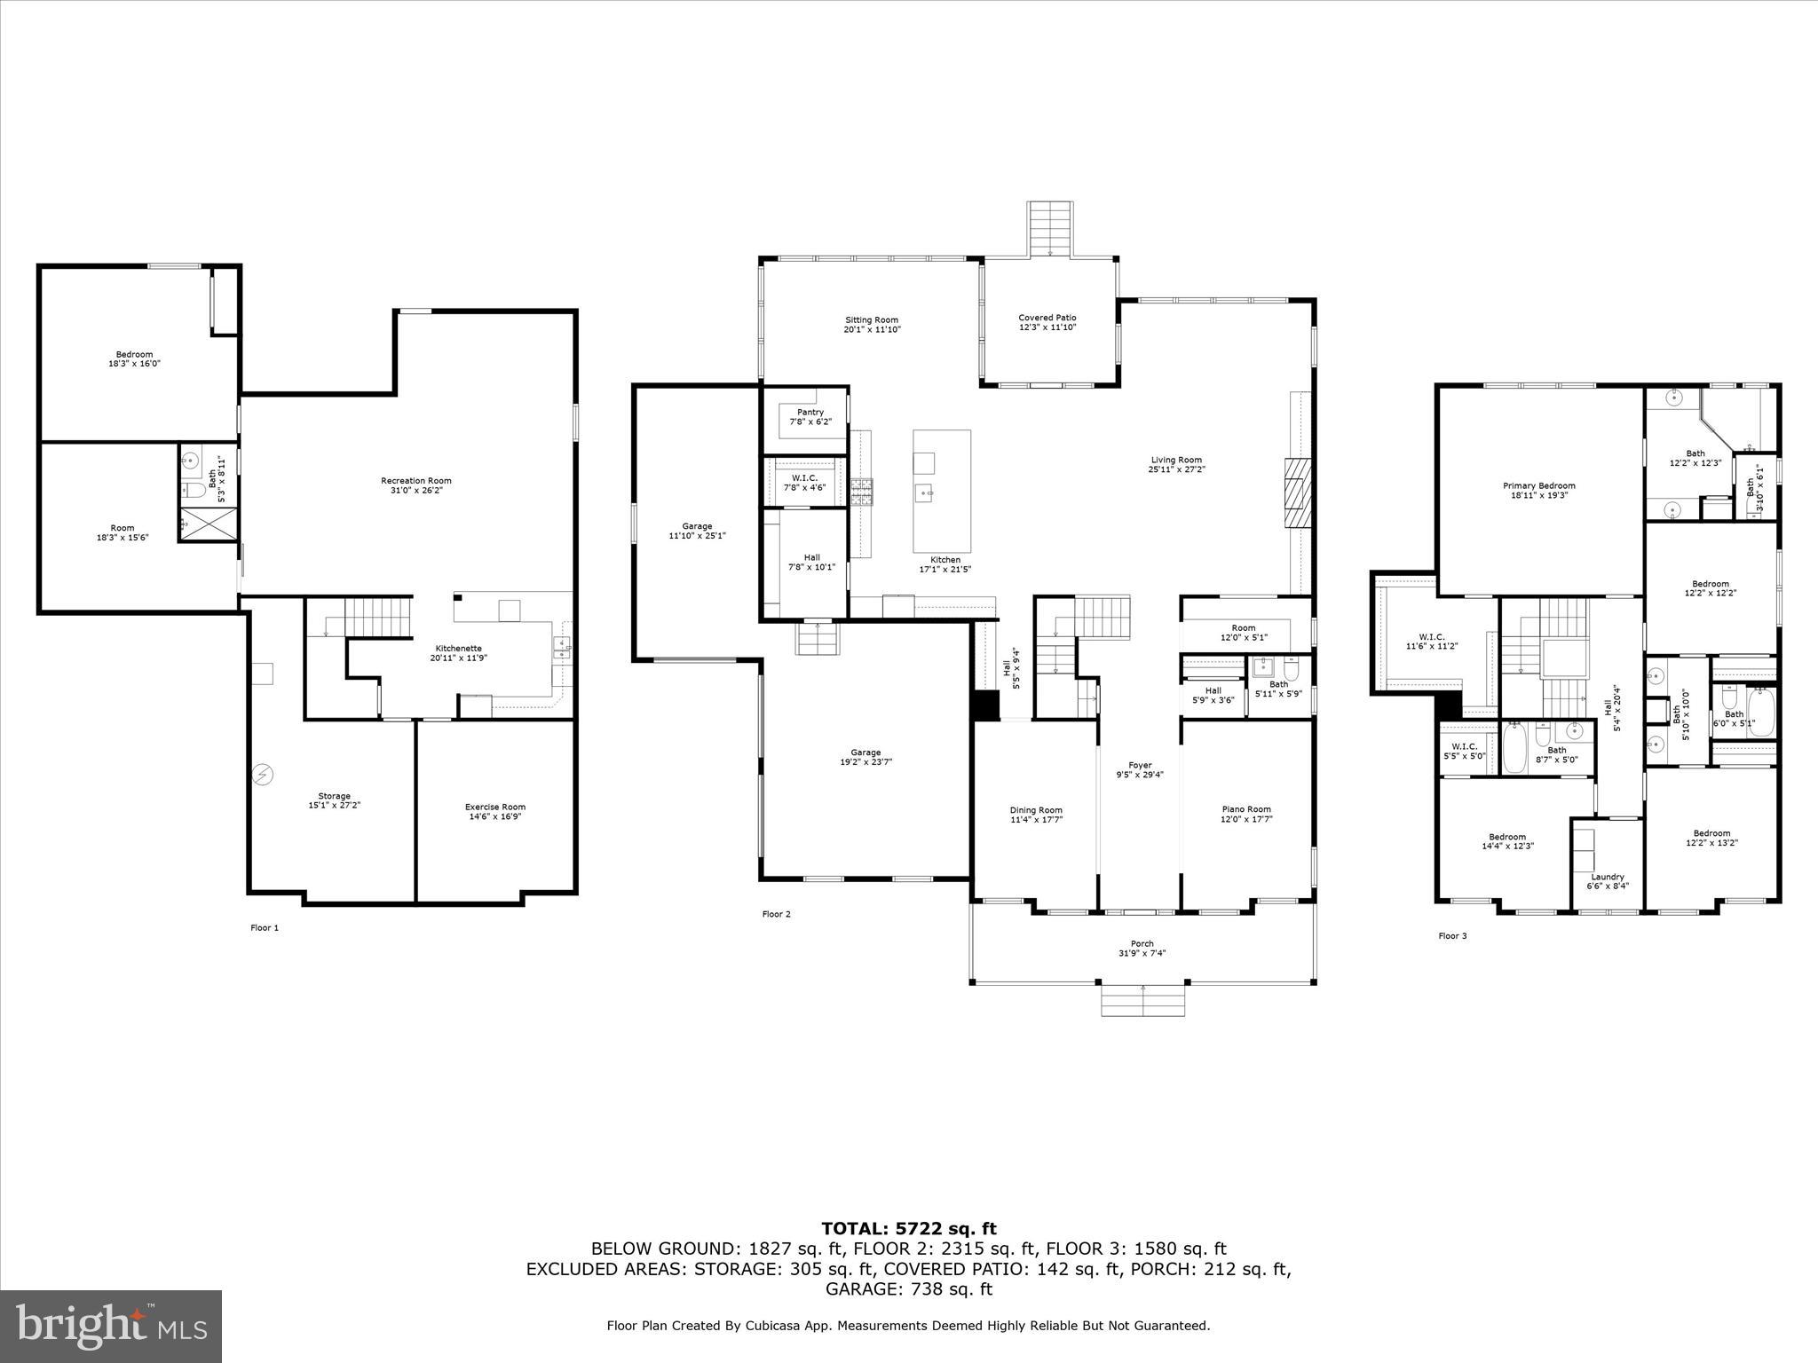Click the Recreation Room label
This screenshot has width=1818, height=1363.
click(416, 481)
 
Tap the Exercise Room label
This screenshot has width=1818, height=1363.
click(494, 807)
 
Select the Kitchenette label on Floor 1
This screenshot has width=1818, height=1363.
click(458, 648)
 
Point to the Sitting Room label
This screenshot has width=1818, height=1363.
click(871, 319)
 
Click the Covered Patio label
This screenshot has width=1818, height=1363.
click(1047, 318)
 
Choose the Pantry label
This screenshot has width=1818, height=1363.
click(810, 412)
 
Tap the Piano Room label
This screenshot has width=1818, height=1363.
click(1246, 808)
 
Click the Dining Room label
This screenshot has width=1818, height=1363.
click(1036, 809)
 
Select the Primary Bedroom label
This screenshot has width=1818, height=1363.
click(1538, 485)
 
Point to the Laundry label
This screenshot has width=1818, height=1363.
click(1608, 877)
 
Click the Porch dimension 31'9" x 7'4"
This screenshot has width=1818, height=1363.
click(1142, 953)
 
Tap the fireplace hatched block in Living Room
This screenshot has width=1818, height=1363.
click(1297, 492)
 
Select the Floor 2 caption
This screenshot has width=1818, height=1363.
click(776, 914)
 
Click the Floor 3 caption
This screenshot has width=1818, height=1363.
click(1452, 935)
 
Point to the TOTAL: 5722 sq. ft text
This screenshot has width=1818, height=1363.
click(908, 1228)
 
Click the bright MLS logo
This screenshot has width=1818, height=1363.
click(111, 1326)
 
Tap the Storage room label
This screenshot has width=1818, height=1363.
click(334, 796)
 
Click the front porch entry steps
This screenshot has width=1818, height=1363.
click(1142, 1001)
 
